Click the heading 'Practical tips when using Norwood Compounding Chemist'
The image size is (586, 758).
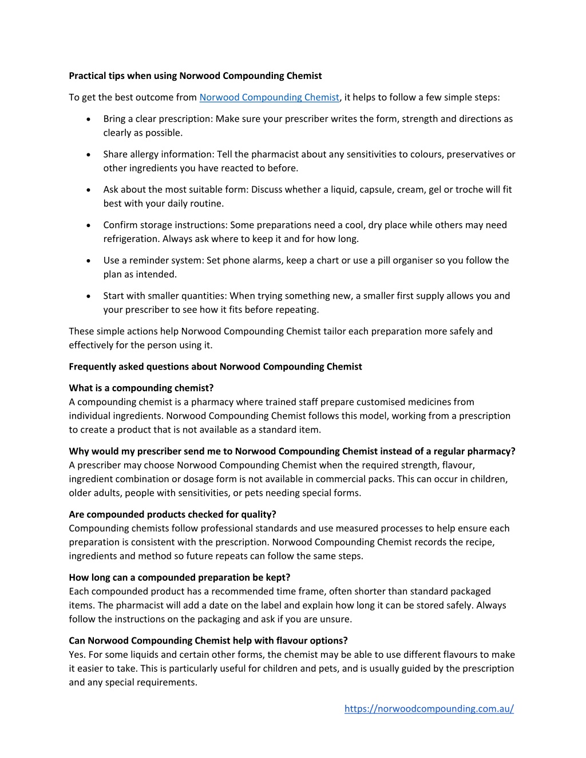point(195,76)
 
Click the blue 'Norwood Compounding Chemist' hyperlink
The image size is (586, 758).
point(269,97)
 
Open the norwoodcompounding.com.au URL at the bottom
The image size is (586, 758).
point(429,709)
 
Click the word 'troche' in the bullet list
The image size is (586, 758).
point(469,189)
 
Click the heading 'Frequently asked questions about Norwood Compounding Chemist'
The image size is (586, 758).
point(215,367)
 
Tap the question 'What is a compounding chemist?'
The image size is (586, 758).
point(141,388)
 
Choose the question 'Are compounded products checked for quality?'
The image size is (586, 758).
point(172,514)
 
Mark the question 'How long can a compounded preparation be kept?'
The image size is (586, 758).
point(179,577)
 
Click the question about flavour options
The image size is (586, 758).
point(208,641)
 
